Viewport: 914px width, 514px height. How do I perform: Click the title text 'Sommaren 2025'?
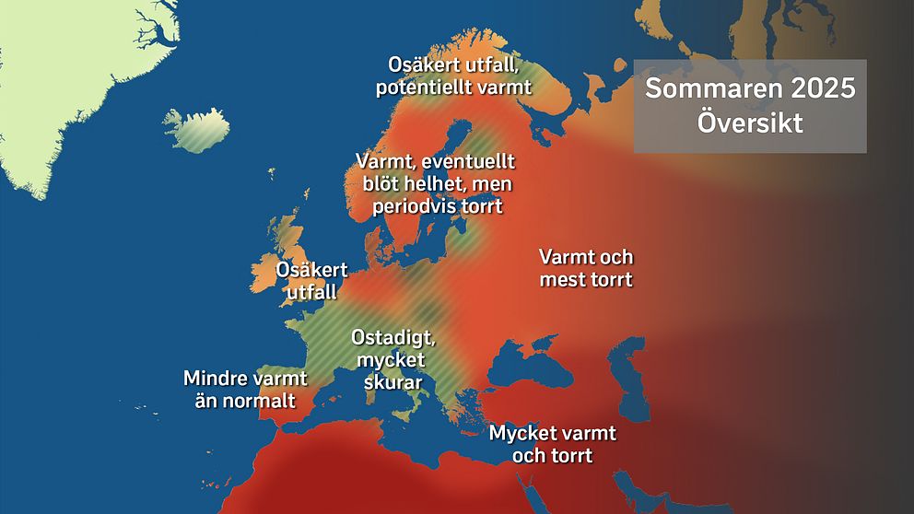tap(750, 89)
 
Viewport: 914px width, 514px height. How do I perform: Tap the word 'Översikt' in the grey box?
tap(750, 123)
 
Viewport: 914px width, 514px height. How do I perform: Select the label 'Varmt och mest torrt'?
tap(586, 267)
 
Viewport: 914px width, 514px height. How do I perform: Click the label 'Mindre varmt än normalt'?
tap(245, 389)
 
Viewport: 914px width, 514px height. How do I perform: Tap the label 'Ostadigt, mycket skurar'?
tap(393, 359)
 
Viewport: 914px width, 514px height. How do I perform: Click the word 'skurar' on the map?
tap(393, 381)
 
